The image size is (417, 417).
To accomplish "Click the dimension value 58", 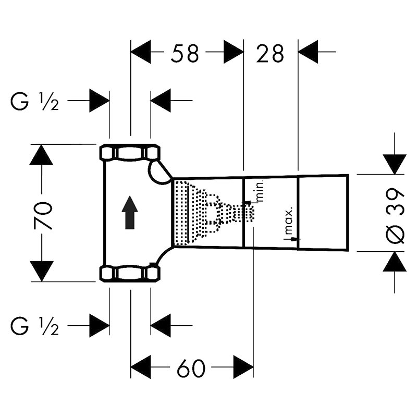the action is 185,54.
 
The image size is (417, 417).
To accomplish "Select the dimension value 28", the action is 270,54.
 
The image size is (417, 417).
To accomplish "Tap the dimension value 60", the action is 191,369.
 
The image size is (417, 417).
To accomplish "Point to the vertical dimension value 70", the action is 43,216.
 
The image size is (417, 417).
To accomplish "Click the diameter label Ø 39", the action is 395,216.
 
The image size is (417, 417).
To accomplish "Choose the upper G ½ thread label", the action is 34,101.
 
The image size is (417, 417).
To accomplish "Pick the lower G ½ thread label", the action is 34,326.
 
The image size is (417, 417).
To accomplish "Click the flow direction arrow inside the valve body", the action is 130,213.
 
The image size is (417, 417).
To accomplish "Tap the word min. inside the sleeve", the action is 260,191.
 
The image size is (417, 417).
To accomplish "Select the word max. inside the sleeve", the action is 289,219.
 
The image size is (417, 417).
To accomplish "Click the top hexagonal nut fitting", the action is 130,153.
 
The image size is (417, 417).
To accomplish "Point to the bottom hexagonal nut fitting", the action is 130,273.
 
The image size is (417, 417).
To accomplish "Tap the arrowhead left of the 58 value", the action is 141,52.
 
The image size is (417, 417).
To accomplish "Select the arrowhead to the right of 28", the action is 308,52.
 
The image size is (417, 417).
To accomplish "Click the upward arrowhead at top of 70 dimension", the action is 41,155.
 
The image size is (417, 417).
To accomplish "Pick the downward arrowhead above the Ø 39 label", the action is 395,164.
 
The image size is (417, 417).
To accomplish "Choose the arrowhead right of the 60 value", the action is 243,367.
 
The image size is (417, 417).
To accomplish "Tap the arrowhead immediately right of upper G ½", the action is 99,101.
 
